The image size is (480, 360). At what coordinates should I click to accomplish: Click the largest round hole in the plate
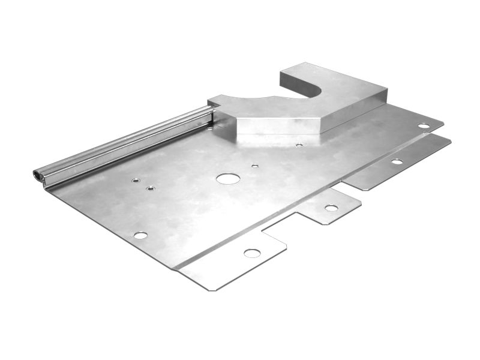tap(228, 178)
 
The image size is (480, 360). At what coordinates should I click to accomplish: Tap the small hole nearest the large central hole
tap(255, 166)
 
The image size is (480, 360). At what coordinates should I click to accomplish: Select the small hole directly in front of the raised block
tap(299, 145)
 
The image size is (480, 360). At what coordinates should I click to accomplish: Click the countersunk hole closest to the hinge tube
tap(136, 179)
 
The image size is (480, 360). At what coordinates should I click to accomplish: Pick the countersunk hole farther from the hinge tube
tap(151, 188)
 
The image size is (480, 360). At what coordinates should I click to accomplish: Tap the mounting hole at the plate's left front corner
tap(140, 235)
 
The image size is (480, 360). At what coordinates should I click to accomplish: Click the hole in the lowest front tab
tap(252, 253)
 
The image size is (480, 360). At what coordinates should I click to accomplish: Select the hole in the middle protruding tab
tap(331, 208)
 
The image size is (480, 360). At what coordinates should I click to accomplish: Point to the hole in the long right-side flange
tap(397, 161)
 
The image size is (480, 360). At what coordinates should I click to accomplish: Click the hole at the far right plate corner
tap(424, 126)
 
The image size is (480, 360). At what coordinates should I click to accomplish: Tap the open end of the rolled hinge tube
tap(37, 175)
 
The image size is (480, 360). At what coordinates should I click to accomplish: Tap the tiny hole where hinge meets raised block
tap(209, 127)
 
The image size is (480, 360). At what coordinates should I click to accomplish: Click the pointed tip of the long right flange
tap(449, 142)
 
